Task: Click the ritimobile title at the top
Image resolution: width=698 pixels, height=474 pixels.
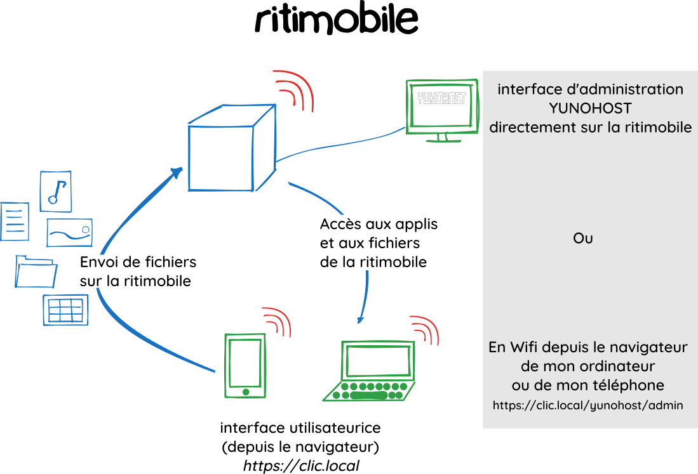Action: coord(336,20)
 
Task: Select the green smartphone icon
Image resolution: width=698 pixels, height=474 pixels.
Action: coord(245,365)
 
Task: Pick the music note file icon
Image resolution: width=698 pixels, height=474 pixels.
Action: coord(55,191)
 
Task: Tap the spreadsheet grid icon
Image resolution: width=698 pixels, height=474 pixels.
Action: coord(65,310)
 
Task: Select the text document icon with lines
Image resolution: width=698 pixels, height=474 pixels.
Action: coord(14,221)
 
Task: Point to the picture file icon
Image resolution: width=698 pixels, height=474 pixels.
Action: coord(70,233)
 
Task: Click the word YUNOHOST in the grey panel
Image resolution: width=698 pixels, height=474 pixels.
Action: coord(590,108)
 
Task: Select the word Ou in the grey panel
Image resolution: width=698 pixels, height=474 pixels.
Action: coord(583,239)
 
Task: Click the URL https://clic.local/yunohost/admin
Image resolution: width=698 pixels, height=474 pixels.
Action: coord(588,405)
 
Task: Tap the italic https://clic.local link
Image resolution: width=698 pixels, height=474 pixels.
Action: coord(301,466)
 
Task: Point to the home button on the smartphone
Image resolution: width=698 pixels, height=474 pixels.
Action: coord(245,392)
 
